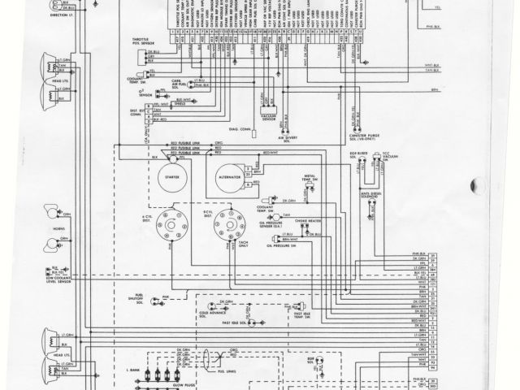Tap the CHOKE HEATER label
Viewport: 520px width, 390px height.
coord(310,219)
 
